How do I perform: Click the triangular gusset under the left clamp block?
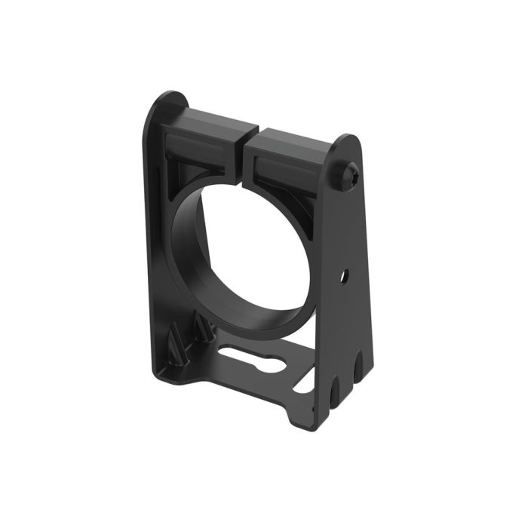coord(180,170)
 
